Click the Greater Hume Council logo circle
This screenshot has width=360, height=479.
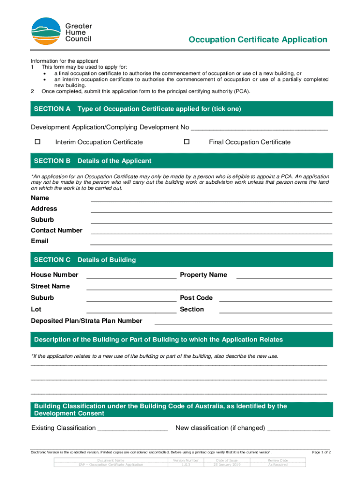click(46, 31)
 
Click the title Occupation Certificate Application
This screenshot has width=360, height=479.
click(258, 40)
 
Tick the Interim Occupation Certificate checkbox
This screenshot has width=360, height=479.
click(38, 141)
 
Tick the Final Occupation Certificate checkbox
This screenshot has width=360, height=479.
click(187, 141)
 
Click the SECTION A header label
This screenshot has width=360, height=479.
click(52, 109)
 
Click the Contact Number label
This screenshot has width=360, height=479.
click(57, 230)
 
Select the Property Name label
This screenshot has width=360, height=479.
click(203, 275)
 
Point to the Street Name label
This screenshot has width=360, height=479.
click(50, 286)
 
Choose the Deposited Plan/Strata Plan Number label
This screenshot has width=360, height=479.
click(86, 321)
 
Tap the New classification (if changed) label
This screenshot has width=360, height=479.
click(220, 428)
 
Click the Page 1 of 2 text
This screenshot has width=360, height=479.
click(321, 452)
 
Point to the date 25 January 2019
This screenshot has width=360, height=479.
click(226, 464)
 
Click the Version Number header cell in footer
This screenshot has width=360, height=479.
click(186, 460)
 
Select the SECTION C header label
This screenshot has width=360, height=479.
click(52, 260)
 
